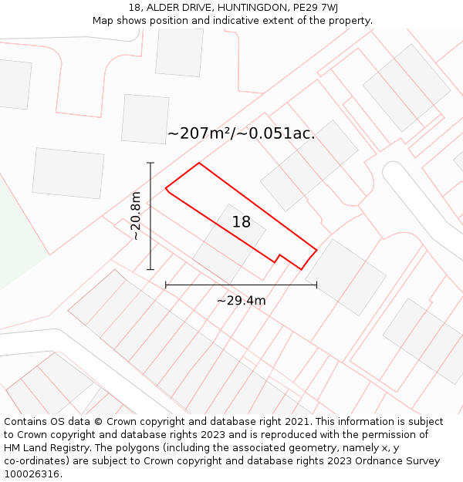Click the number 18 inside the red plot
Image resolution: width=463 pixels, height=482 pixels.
242,222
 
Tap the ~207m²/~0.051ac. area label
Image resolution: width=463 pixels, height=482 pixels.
241,133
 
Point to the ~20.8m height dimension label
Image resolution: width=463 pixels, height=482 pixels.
136,216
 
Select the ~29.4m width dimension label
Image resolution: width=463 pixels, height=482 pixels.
241,301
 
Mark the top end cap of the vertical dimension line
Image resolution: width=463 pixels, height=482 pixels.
150,163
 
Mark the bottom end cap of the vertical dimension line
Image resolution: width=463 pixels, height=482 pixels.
150,269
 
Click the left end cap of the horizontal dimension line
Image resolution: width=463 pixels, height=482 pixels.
166,285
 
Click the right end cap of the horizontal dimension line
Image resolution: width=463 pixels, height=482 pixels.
316,285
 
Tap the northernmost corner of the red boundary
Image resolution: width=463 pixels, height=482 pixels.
199,163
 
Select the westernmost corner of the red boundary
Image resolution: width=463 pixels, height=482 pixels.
166,187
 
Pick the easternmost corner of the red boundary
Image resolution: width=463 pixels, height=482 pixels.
316,250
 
